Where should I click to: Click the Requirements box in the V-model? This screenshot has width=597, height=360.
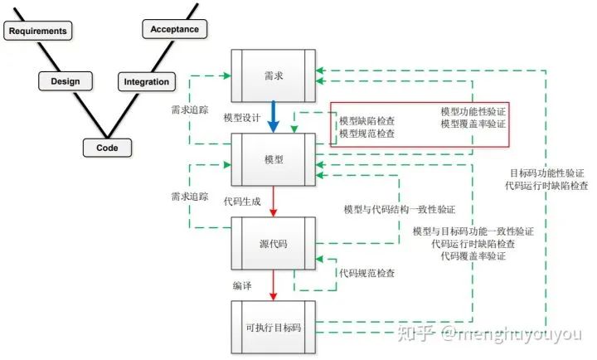(x=36, y=32)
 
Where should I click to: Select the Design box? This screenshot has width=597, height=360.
(x=65, y=81)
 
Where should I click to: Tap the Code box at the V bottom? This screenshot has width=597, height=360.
(x=108, y=148)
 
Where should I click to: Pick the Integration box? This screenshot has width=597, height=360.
(x=147, y=82)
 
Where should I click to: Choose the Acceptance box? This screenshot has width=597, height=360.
(x=174, y=30)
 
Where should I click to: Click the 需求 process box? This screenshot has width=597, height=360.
(x=274, y=75)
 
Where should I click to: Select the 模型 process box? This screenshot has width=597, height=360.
(x=274, y=159)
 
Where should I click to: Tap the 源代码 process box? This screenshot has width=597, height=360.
(x=274, y=243)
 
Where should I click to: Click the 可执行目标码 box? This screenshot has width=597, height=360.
(x=274, y=328)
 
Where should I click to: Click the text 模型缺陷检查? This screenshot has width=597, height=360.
(x=366, y=121)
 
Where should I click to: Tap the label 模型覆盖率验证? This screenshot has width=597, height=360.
(x=473, y=124)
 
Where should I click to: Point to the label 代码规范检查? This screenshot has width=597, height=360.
(x=366, y=273)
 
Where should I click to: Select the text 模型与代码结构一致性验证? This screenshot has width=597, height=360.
(x=400, y=210)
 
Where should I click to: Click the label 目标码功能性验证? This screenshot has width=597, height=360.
(x=547, y=173)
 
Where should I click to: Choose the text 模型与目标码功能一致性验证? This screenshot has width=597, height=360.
(x=473, y=231)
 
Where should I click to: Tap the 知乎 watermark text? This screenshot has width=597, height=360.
(x=414, y=334)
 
